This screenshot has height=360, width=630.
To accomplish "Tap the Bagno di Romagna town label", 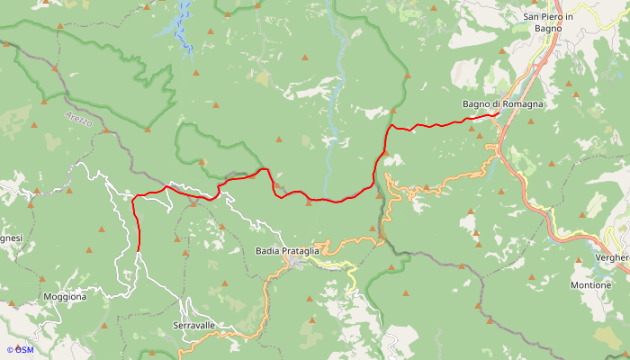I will pos(503,104).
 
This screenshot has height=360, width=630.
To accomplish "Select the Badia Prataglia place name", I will pos(287,250).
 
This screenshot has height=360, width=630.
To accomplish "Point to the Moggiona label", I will pos(65,296).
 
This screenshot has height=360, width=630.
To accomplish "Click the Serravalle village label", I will pos(193,325).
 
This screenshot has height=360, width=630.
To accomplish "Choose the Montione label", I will pos(590,285).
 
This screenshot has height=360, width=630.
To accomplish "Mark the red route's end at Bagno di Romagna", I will pos(499,114).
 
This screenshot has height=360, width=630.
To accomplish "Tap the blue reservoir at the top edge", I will pos(185,22).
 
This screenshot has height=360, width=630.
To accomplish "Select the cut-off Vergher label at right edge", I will pos(611,257).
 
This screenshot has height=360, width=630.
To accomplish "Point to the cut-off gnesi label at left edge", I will pos(10,238).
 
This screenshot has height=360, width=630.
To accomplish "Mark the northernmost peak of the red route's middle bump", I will pos(264,168).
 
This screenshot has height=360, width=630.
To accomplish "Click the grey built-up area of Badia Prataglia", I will pos(297,263).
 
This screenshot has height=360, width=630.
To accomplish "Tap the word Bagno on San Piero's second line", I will pos(548,29).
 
